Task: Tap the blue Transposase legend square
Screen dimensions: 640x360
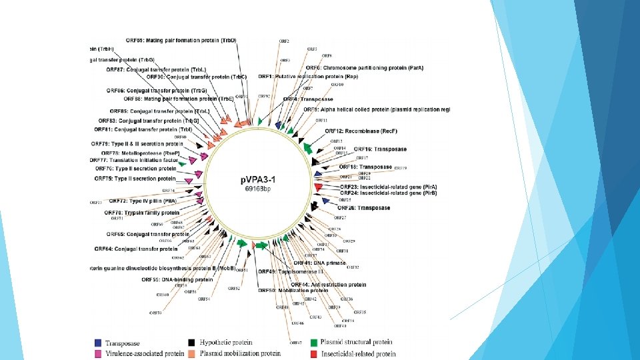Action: point(99,342)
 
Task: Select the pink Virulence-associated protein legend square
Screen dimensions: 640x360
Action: point(99,353)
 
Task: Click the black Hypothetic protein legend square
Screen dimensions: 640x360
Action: point(192,342)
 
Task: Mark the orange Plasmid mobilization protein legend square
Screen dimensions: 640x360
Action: point(192,353)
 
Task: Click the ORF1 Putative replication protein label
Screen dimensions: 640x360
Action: point(307,77)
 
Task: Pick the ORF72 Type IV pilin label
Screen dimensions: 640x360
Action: point(143,201)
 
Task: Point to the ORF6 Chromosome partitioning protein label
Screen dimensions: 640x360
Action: point(365,68)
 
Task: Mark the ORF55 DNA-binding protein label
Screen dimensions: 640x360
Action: point(177,280)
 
